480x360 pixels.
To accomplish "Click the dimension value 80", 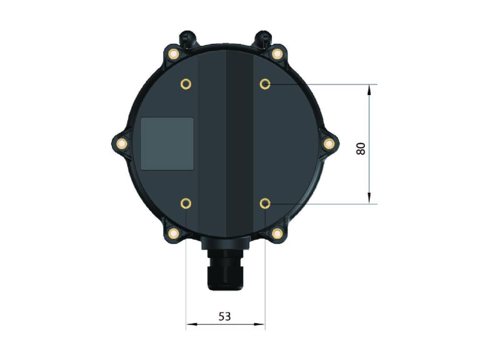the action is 361,149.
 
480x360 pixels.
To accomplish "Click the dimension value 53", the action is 225,316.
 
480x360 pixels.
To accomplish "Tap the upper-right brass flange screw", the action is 277,54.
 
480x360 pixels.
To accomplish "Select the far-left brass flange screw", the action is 122,144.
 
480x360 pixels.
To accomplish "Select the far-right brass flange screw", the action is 329,144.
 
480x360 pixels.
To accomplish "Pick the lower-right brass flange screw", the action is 277,233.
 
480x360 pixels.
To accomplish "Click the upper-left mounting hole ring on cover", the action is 186,84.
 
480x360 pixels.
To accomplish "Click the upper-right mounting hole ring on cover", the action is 265,84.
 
